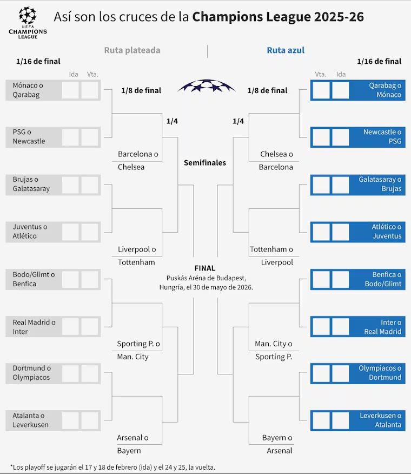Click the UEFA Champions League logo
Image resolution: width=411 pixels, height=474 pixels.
(28, 23)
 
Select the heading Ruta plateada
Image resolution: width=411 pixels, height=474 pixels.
(132, 50)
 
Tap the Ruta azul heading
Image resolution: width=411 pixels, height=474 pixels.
(286, 50)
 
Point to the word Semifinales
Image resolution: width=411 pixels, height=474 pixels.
(205, 163)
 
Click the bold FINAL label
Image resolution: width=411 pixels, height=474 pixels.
(205, 268)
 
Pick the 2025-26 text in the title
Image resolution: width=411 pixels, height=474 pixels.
(339, 17)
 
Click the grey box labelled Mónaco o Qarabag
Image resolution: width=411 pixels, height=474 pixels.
(53, 90)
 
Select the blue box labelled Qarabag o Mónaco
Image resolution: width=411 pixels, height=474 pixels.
(358, 90)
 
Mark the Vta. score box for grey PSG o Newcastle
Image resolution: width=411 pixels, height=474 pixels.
(90, 137)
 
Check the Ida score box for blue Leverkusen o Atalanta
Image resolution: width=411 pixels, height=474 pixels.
(341, 420)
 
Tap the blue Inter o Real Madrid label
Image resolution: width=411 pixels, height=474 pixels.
(382, 327)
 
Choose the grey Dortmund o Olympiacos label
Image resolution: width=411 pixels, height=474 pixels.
(32, 373)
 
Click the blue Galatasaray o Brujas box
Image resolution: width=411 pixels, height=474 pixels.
(358, 185)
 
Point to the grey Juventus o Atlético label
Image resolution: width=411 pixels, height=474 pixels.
(30, 231)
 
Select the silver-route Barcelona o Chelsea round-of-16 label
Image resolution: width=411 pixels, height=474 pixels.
(138, 161)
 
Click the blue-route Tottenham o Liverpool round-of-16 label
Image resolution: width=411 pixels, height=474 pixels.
(271, 256)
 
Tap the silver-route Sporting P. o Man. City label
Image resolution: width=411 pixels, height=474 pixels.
(138, 350)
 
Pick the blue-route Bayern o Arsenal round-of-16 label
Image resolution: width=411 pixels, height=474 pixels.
(277, 444)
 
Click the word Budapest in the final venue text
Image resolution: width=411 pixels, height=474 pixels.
(230, 278)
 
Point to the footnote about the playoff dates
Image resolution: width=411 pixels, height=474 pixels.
(112, 468)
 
